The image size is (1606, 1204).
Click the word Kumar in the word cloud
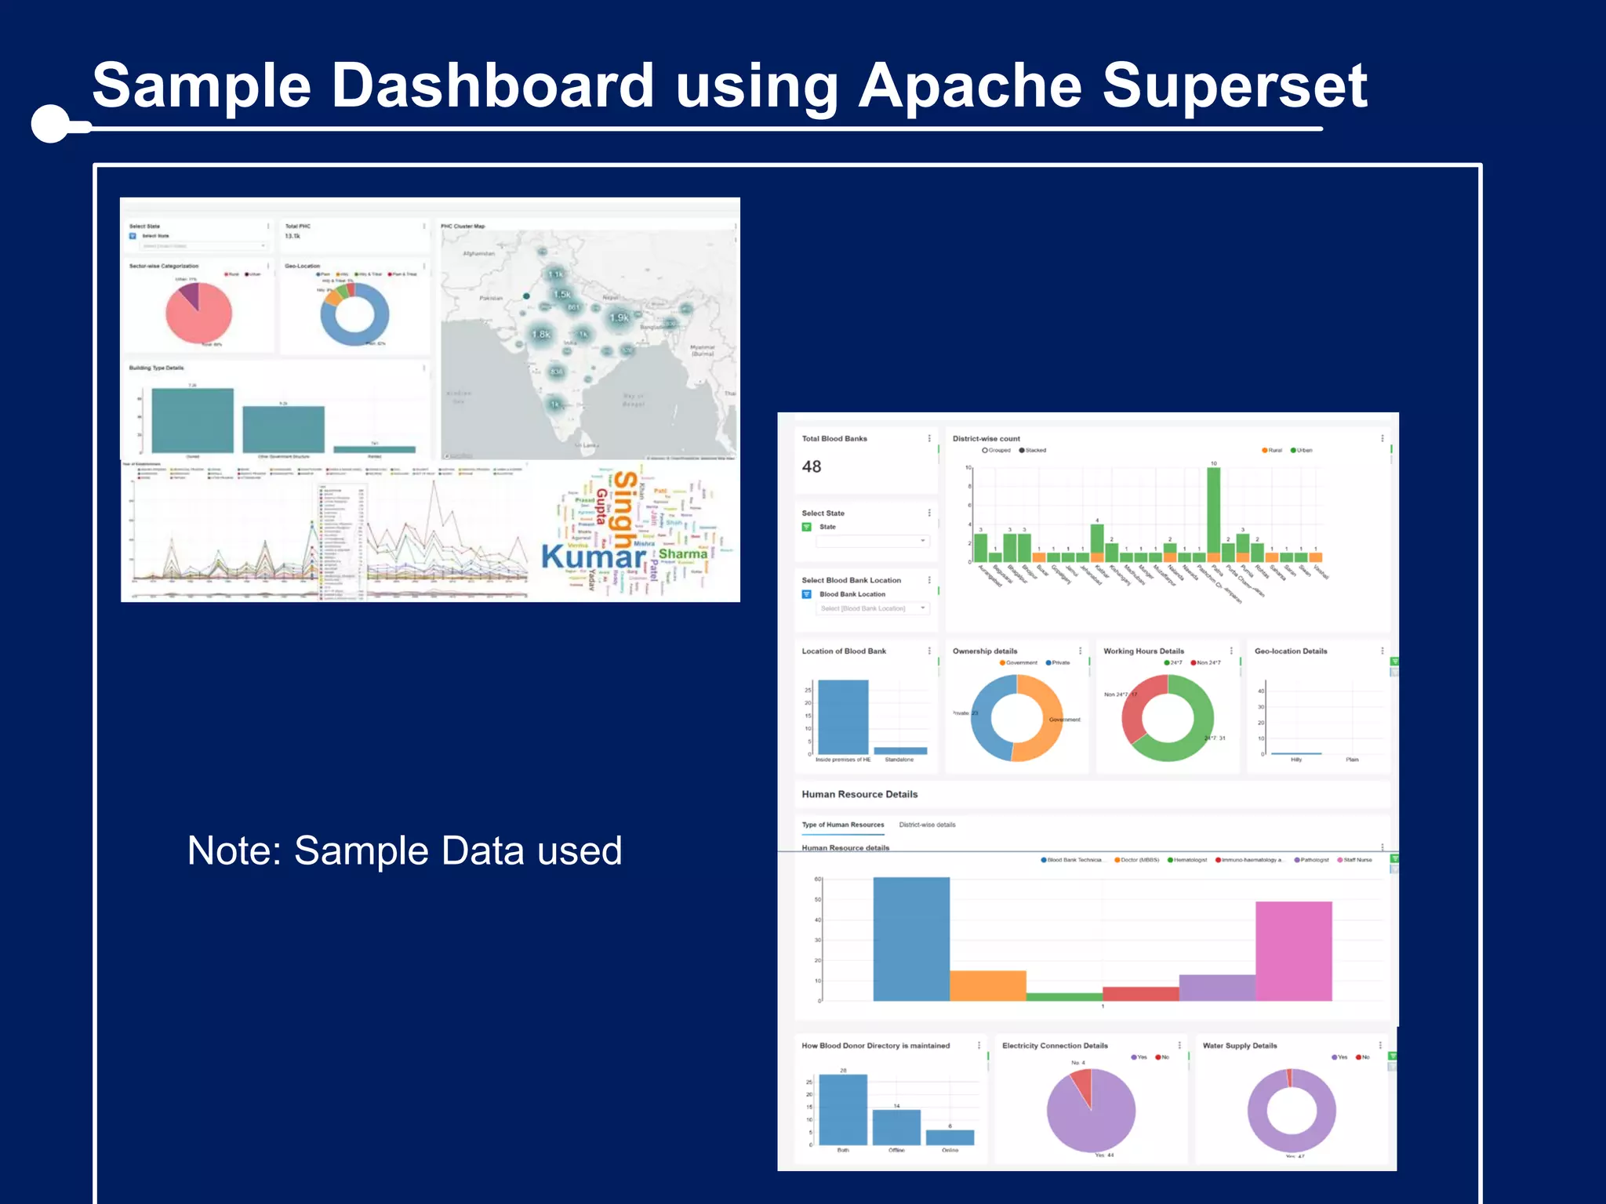(x=593, y=557)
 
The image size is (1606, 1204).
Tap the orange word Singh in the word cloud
(x=624, y=510)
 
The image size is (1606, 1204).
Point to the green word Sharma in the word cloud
(x=682, y=554)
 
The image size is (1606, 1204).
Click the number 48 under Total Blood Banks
(x=812, y=467)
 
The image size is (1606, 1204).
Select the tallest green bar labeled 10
(x=1213, y=510)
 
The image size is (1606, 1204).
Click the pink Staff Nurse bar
(x=1293, y=950)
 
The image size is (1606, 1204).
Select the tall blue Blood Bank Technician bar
(x=910, y=938)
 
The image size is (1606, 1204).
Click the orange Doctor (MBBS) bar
(x=987, y=985)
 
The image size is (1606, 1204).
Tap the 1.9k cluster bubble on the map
(x=620, y=317)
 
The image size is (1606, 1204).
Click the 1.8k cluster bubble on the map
(x=541, y=334)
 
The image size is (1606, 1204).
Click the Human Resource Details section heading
(x=859, y=794)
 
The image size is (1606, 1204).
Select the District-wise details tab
(x=927, y=825)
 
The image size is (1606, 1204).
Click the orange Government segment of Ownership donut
(x=1047, y=717)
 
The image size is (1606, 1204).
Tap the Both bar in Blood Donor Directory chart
(x=843, y=1109)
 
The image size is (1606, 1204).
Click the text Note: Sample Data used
(x=405, y=850)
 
